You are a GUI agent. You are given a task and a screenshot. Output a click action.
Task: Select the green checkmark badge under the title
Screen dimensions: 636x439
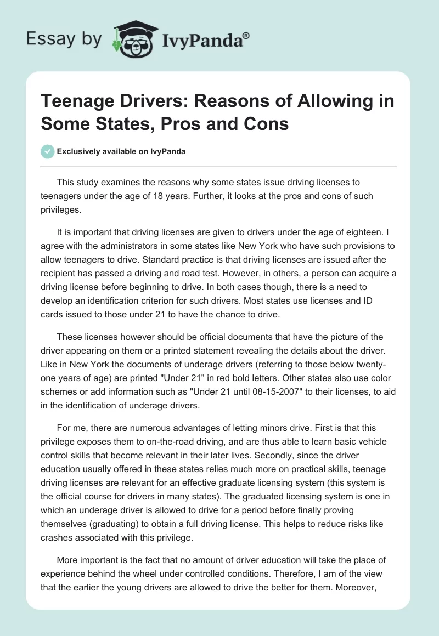click(x=48, y=151)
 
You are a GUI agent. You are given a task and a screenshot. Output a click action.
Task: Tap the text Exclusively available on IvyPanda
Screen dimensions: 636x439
click(x=121, y=152)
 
